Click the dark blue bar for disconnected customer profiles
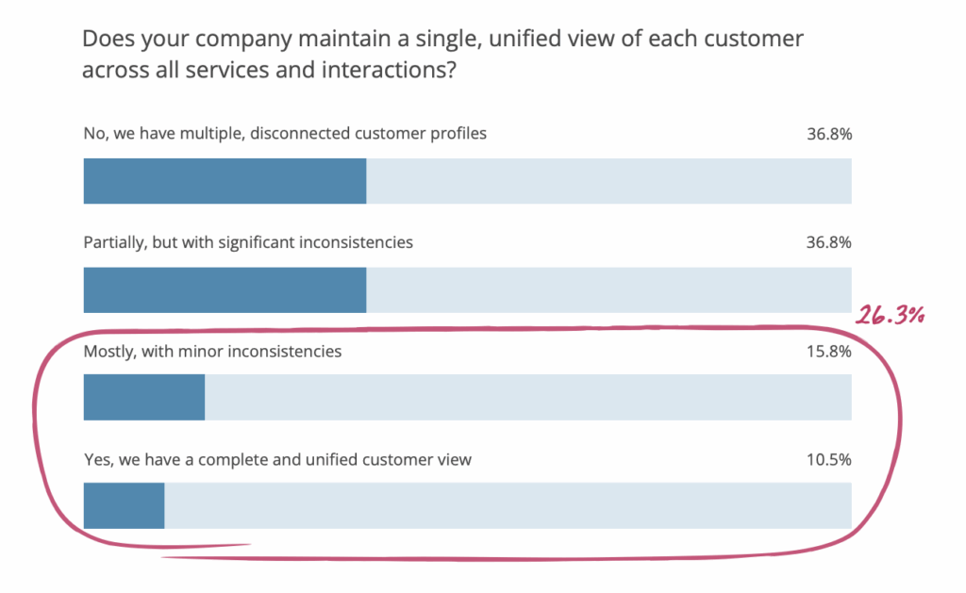pyautogui.click(x=225, y=181)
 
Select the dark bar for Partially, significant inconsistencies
pyautogui.click(x=225, y=289)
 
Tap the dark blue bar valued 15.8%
pyautogui.click(x=144, y=398)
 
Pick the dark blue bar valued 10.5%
pyautogui.click(x=124, y=506)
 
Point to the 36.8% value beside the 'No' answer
pyautogui.click(x=829, y=134)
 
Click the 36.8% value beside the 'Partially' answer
pyautogui.click(x=829, y=242)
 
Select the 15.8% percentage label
pyautogui.click(x=829, y=352)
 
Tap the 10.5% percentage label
pyautogui.click(x=829, y=460)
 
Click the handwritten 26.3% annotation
pyautogui.click(x=888, y=316)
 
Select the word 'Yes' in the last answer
pyautogui.click(x=97, y=460)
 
